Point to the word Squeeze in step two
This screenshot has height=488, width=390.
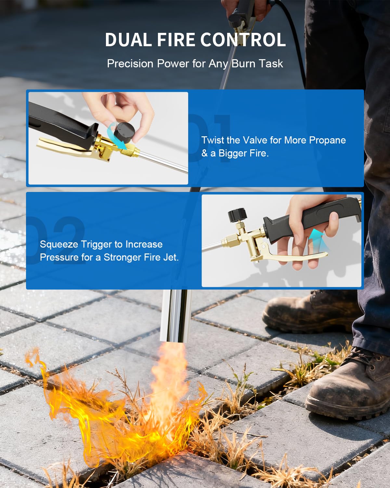click(59, 244)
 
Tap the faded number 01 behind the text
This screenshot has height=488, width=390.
click(211, 137)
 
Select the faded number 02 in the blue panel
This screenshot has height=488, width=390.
click(57, 239)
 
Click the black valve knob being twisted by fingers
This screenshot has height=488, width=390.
click(125, 132)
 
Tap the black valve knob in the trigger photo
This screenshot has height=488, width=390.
click(237, 214)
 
